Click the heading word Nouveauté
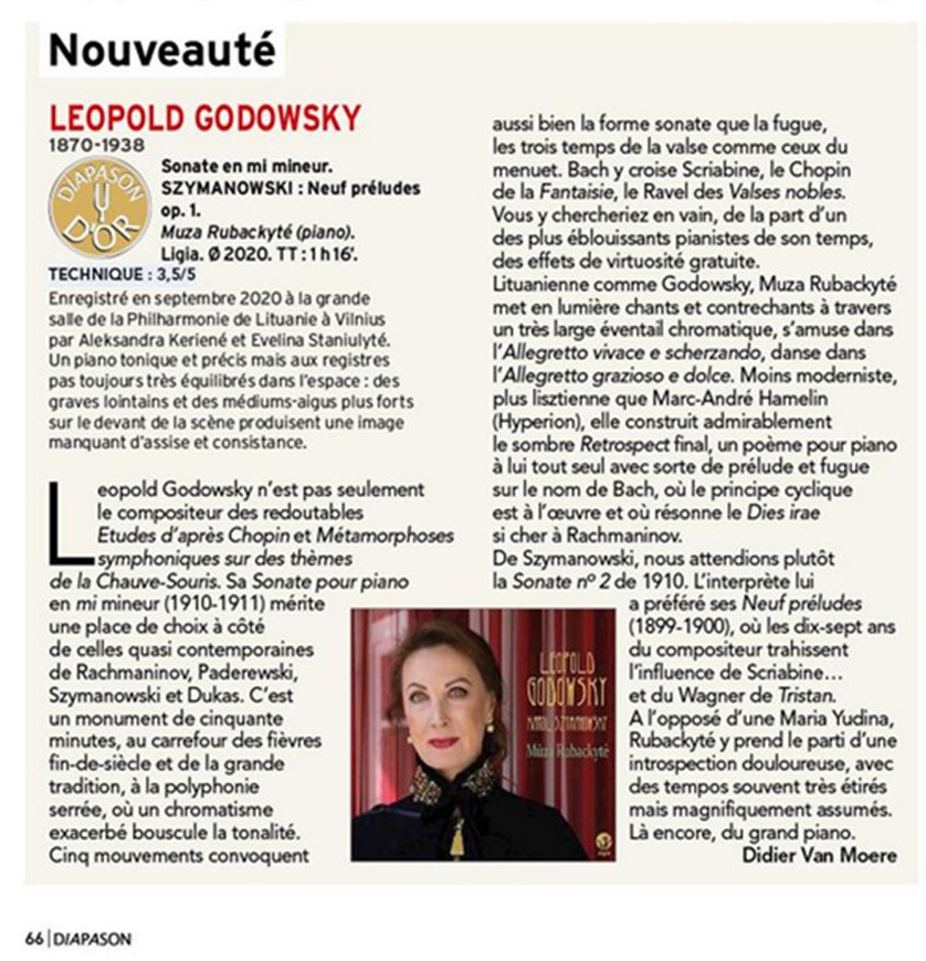tap(162, 49)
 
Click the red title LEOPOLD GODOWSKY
tap(205, 118)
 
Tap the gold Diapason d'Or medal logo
tap(100, 208)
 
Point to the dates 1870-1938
tap(96, 145)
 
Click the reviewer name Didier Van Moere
tap(819, 854)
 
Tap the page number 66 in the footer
tap(34, 939)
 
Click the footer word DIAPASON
tap(93, 939)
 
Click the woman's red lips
tap(443, 742)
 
